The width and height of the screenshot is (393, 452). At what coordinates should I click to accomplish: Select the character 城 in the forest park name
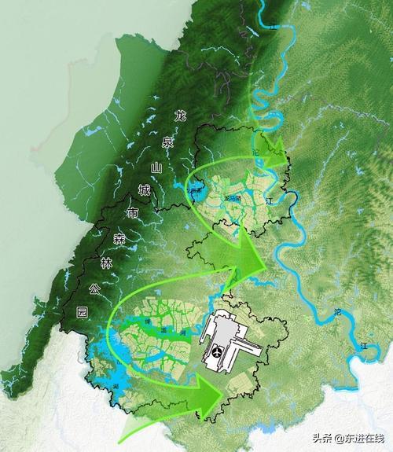144,189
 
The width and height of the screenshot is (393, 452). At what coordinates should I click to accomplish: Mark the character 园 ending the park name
83,312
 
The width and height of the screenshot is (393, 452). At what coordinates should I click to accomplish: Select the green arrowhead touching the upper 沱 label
271,153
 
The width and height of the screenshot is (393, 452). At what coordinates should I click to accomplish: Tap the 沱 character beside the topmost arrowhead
255,152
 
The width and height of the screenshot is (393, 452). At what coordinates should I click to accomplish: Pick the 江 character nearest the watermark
363,345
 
